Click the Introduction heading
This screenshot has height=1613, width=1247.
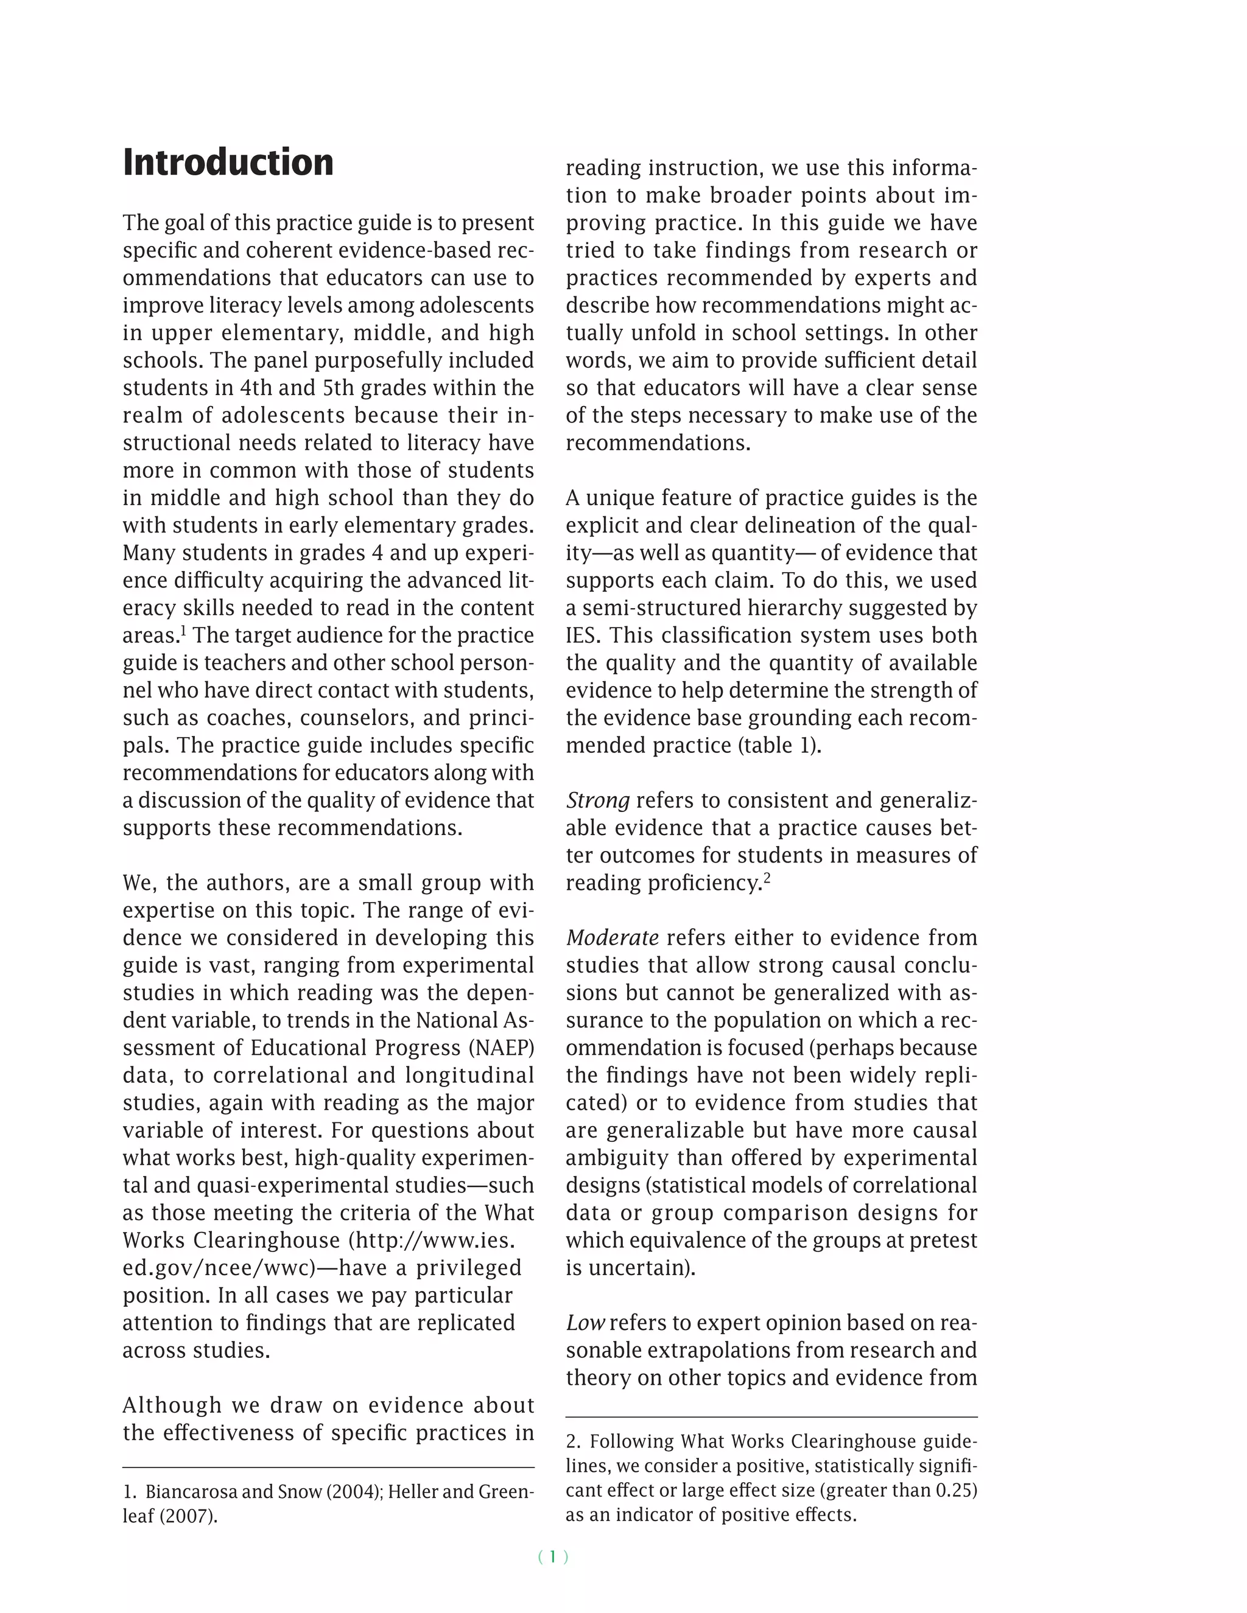pos(228,163)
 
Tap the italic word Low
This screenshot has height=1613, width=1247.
pos(585,1323)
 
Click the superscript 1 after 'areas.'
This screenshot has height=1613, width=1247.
pos(183,630)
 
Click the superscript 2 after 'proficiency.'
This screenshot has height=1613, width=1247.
pos(767,877)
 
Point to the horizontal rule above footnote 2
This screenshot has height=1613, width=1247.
pos(771,1417)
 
